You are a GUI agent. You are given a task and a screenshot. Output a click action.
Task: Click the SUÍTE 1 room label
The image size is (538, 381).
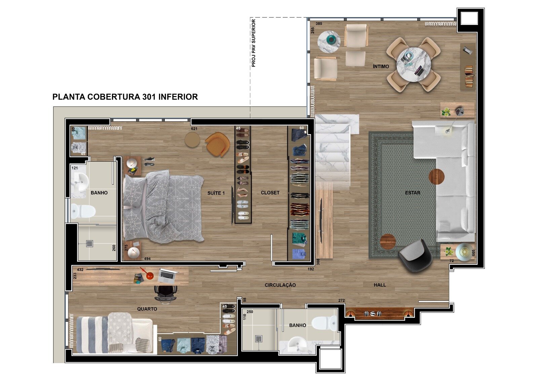[x=216, y=193]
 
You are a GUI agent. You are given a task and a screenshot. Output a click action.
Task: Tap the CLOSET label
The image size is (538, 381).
[x=270, y=193]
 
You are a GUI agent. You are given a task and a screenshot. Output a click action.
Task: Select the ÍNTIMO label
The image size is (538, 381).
[x=381, y=66]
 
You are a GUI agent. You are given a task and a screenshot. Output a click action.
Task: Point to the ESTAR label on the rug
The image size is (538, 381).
[x=413, y=193]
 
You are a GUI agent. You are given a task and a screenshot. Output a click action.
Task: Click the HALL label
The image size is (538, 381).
[x=380, y=285]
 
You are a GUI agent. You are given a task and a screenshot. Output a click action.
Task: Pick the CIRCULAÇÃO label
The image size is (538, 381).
[x=280, y=285]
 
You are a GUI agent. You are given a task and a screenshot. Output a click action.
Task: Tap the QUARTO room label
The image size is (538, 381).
[x=147, y=309]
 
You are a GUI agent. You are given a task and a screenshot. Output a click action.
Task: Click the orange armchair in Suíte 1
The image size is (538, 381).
[x=217, y=144]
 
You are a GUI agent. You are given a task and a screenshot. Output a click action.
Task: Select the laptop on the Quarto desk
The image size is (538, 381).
[x=168, y=275]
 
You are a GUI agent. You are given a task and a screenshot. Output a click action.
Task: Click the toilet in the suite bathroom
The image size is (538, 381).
[x=83, y=211]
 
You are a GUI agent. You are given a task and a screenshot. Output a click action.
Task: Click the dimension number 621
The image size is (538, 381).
[x=194, y=129]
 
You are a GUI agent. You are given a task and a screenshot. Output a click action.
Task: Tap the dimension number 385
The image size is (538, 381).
[x=319, y=24]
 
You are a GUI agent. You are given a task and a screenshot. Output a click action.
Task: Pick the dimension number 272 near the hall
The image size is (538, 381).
[x=342, y=300]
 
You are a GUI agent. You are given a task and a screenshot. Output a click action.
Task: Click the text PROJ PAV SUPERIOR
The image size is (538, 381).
[x=254, y=43]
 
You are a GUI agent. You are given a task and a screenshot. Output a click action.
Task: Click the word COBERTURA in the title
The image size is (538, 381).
[x=114, y=97]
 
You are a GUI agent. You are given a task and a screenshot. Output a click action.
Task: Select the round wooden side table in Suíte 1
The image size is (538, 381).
[x=192, y=140]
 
